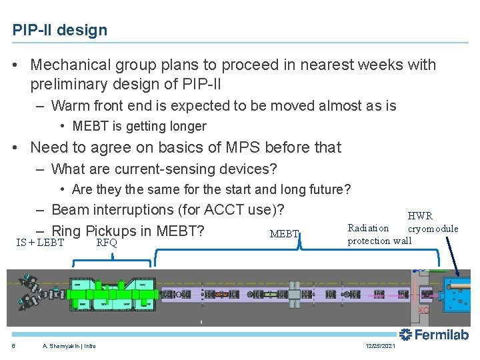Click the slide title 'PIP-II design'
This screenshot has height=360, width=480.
(59, 30)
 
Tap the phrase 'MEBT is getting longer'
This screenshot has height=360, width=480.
(139, 127)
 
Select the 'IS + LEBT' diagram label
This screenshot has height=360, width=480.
(40, 243)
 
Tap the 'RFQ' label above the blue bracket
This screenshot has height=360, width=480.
(107, 243)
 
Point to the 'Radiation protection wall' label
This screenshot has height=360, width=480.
(379, 235)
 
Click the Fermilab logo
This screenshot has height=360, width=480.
(434, 335)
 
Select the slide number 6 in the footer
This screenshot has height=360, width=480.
(13, 346)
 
